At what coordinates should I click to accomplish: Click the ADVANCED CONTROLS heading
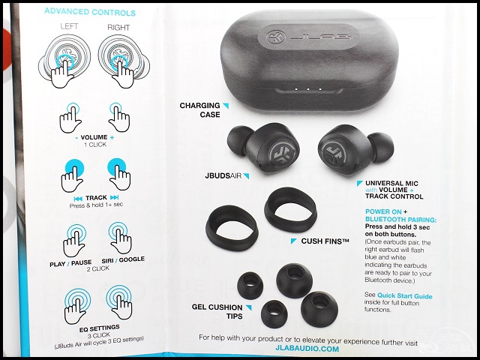tap(90, 12)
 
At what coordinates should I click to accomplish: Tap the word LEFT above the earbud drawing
tap(69, 26)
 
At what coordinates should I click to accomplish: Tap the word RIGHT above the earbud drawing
tap(118, 28)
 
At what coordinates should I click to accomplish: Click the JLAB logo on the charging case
tap(308, 37)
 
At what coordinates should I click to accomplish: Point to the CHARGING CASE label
tap(200, 110)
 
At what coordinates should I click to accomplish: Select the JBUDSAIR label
tap(223, 175)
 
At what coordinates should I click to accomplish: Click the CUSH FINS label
tap(325, 241)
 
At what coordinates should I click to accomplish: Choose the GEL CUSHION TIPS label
tap(217, 312)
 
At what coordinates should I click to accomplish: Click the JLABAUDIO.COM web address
tap(307, 349)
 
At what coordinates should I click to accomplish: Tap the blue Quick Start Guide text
tap(405, 295)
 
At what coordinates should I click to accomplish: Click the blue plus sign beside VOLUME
tap(112, 138)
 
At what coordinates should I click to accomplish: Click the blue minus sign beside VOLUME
tap(76, 138)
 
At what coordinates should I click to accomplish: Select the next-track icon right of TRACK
tap(115, 197)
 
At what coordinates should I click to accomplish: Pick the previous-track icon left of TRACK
tap(78, 199)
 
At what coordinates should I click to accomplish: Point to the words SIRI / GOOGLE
tap(123, 260)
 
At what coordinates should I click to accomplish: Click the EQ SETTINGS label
tap(100, 328)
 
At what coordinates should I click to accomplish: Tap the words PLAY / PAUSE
tap(70, 263)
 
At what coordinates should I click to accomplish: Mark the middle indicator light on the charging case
tap(308, 89)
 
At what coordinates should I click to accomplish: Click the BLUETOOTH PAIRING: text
tap(401, 220)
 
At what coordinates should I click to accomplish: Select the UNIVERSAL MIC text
tap(391, 183)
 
